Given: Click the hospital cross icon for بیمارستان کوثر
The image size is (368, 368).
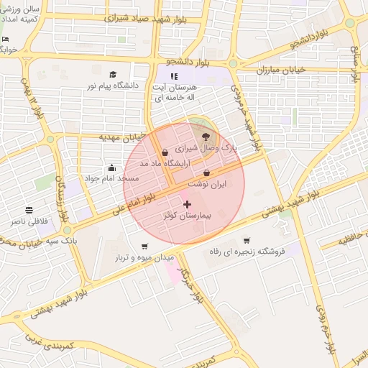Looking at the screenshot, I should coord(188,205).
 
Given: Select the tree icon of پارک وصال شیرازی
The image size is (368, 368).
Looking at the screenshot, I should coord(207,135).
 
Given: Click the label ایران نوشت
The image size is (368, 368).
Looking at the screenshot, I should coord(207,185).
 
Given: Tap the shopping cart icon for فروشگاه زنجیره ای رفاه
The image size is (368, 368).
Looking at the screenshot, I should coord(247,241).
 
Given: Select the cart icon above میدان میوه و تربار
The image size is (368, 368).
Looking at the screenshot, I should coord(142,246).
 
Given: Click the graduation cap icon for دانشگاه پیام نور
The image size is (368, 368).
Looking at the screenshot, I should coord(112,74).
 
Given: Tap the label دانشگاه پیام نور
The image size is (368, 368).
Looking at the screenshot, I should coord(111,86).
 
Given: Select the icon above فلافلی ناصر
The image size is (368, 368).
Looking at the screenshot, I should coord(29,210).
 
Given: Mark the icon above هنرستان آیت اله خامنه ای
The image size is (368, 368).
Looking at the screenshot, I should coord(173,75).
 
